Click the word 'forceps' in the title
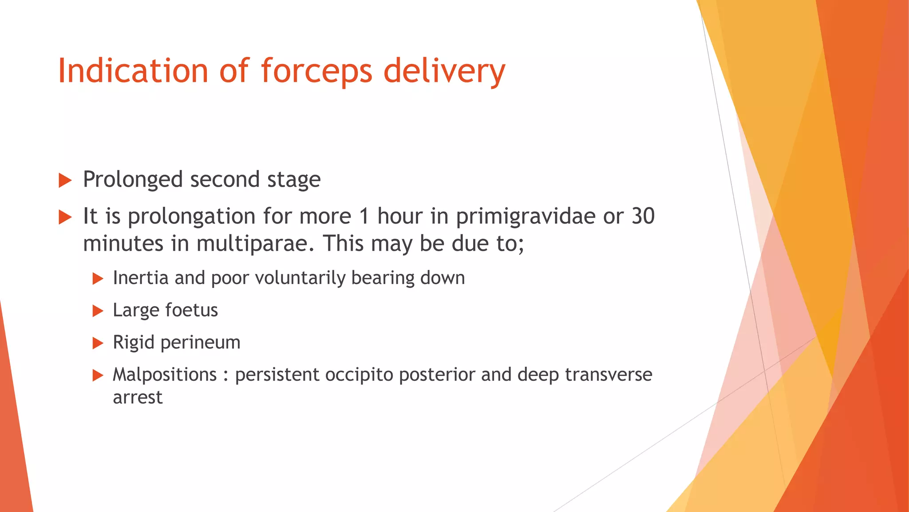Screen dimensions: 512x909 point(316,71)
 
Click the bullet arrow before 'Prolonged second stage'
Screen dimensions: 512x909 point(65,181)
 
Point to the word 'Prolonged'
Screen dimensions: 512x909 point(133,180)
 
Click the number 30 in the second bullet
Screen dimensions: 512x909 point(643,216)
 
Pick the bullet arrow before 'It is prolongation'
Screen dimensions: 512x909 point(65,218)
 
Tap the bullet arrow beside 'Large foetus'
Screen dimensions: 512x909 point(98,311)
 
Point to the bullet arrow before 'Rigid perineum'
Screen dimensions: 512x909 point(98,343)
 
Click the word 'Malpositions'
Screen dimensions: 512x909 point(165,375)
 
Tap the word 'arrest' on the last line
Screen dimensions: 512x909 point(138,397)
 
